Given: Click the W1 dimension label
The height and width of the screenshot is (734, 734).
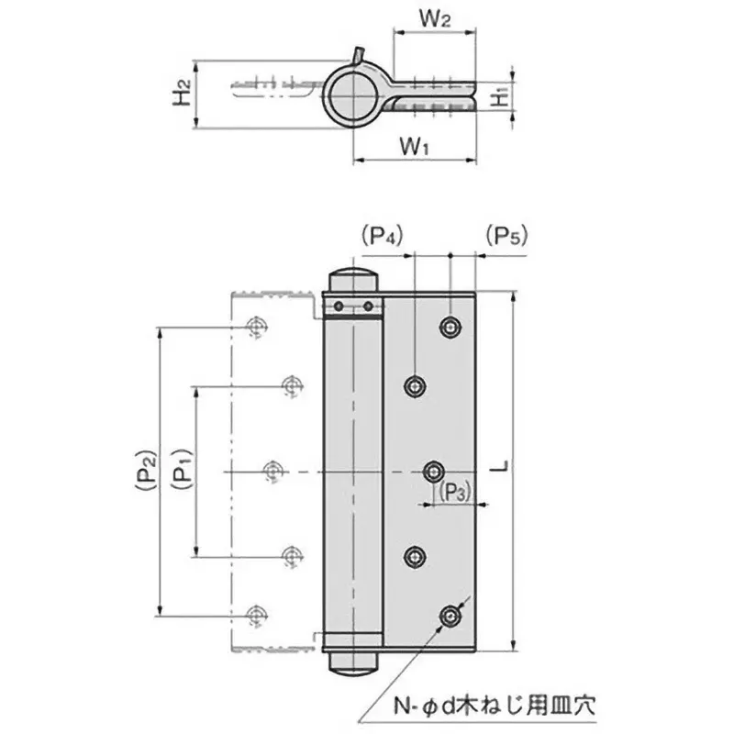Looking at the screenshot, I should coord(416,145).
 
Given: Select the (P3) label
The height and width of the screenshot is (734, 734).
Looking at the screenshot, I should coord(454,493).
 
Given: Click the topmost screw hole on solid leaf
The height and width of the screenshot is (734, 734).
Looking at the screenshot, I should coord(449,328).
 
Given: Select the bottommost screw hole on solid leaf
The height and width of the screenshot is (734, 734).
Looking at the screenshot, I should coord(449,616).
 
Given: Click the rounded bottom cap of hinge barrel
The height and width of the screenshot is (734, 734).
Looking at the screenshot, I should coord(352,662).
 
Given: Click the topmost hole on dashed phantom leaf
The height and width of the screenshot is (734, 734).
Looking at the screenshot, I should coord(257,328).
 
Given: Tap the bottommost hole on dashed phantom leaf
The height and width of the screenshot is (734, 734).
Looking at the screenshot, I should coord(257,614).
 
